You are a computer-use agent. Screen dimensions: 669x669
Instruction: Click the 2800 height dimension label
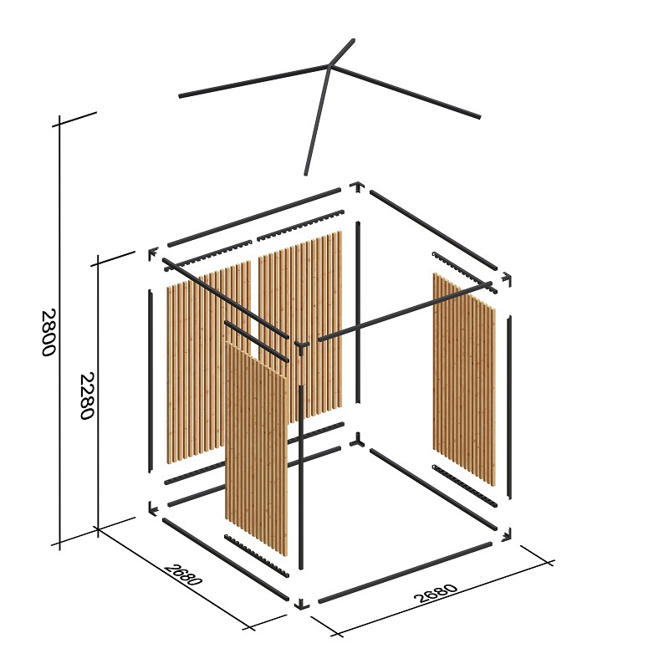[x=49, y=333]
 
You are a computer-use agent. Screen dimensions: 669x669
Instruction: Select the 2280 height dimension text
[x=87, y=396]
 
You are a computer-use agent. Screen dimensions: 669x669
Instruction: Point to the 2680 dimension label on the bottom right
[x=436, y=593]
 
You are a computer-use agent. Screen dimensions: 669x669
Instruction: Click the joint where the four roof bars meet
[x=329, y=66]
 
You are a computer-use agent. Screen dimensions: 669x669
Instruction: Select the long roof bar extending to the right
[x=406, y=91]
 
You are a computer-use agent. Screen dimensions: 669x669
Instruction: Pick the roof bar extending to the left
[x=254, y=81]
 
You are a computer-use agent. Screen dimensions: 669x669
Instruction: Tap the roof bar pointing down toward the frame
[x=318, y=120]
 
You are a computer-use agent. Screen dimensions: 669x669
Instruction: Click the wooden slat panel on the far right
[x=464, y=379]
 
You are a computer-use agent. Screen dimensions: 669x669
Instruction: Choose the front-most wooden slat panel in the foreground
[x=257, y=448]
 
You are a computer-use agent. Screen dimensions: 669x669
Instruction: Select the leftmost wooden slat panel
[x=208, y=362]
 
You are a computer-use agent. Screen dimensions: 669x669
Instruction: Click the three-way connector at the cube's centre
[x=301, y=346]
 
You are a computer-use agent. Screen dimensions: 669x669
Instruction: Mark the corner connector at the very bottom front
[x=302, y=604]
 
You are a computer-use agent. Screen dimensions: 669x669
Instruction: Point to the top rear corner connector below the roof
[x=357, y=186]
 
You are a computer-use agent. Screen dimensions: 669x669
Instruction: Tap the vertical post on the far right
[x=509, y=406]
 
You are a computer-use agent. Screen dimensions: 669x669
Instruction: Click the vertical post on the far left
[x=150, y=381]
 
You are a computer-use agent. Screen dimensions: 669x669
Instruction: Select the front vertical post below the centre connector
[x=301, y=477]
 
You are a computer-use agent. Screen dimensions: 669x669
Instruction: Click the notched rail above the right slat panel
[x=465, y=273]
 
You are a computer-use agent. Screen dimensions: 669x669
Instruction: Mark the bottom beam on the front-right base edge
[x=406, y=572]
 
